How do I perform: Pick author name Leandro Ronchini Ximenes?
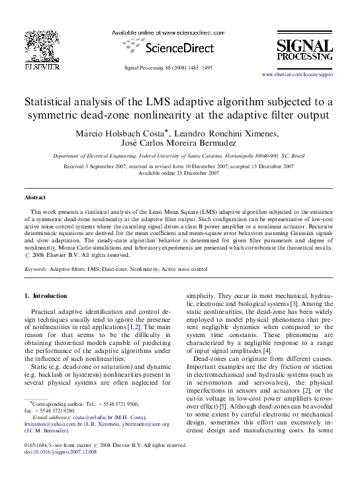point(254,134)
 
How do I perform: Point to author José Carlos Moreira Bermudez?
point(179,145)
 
